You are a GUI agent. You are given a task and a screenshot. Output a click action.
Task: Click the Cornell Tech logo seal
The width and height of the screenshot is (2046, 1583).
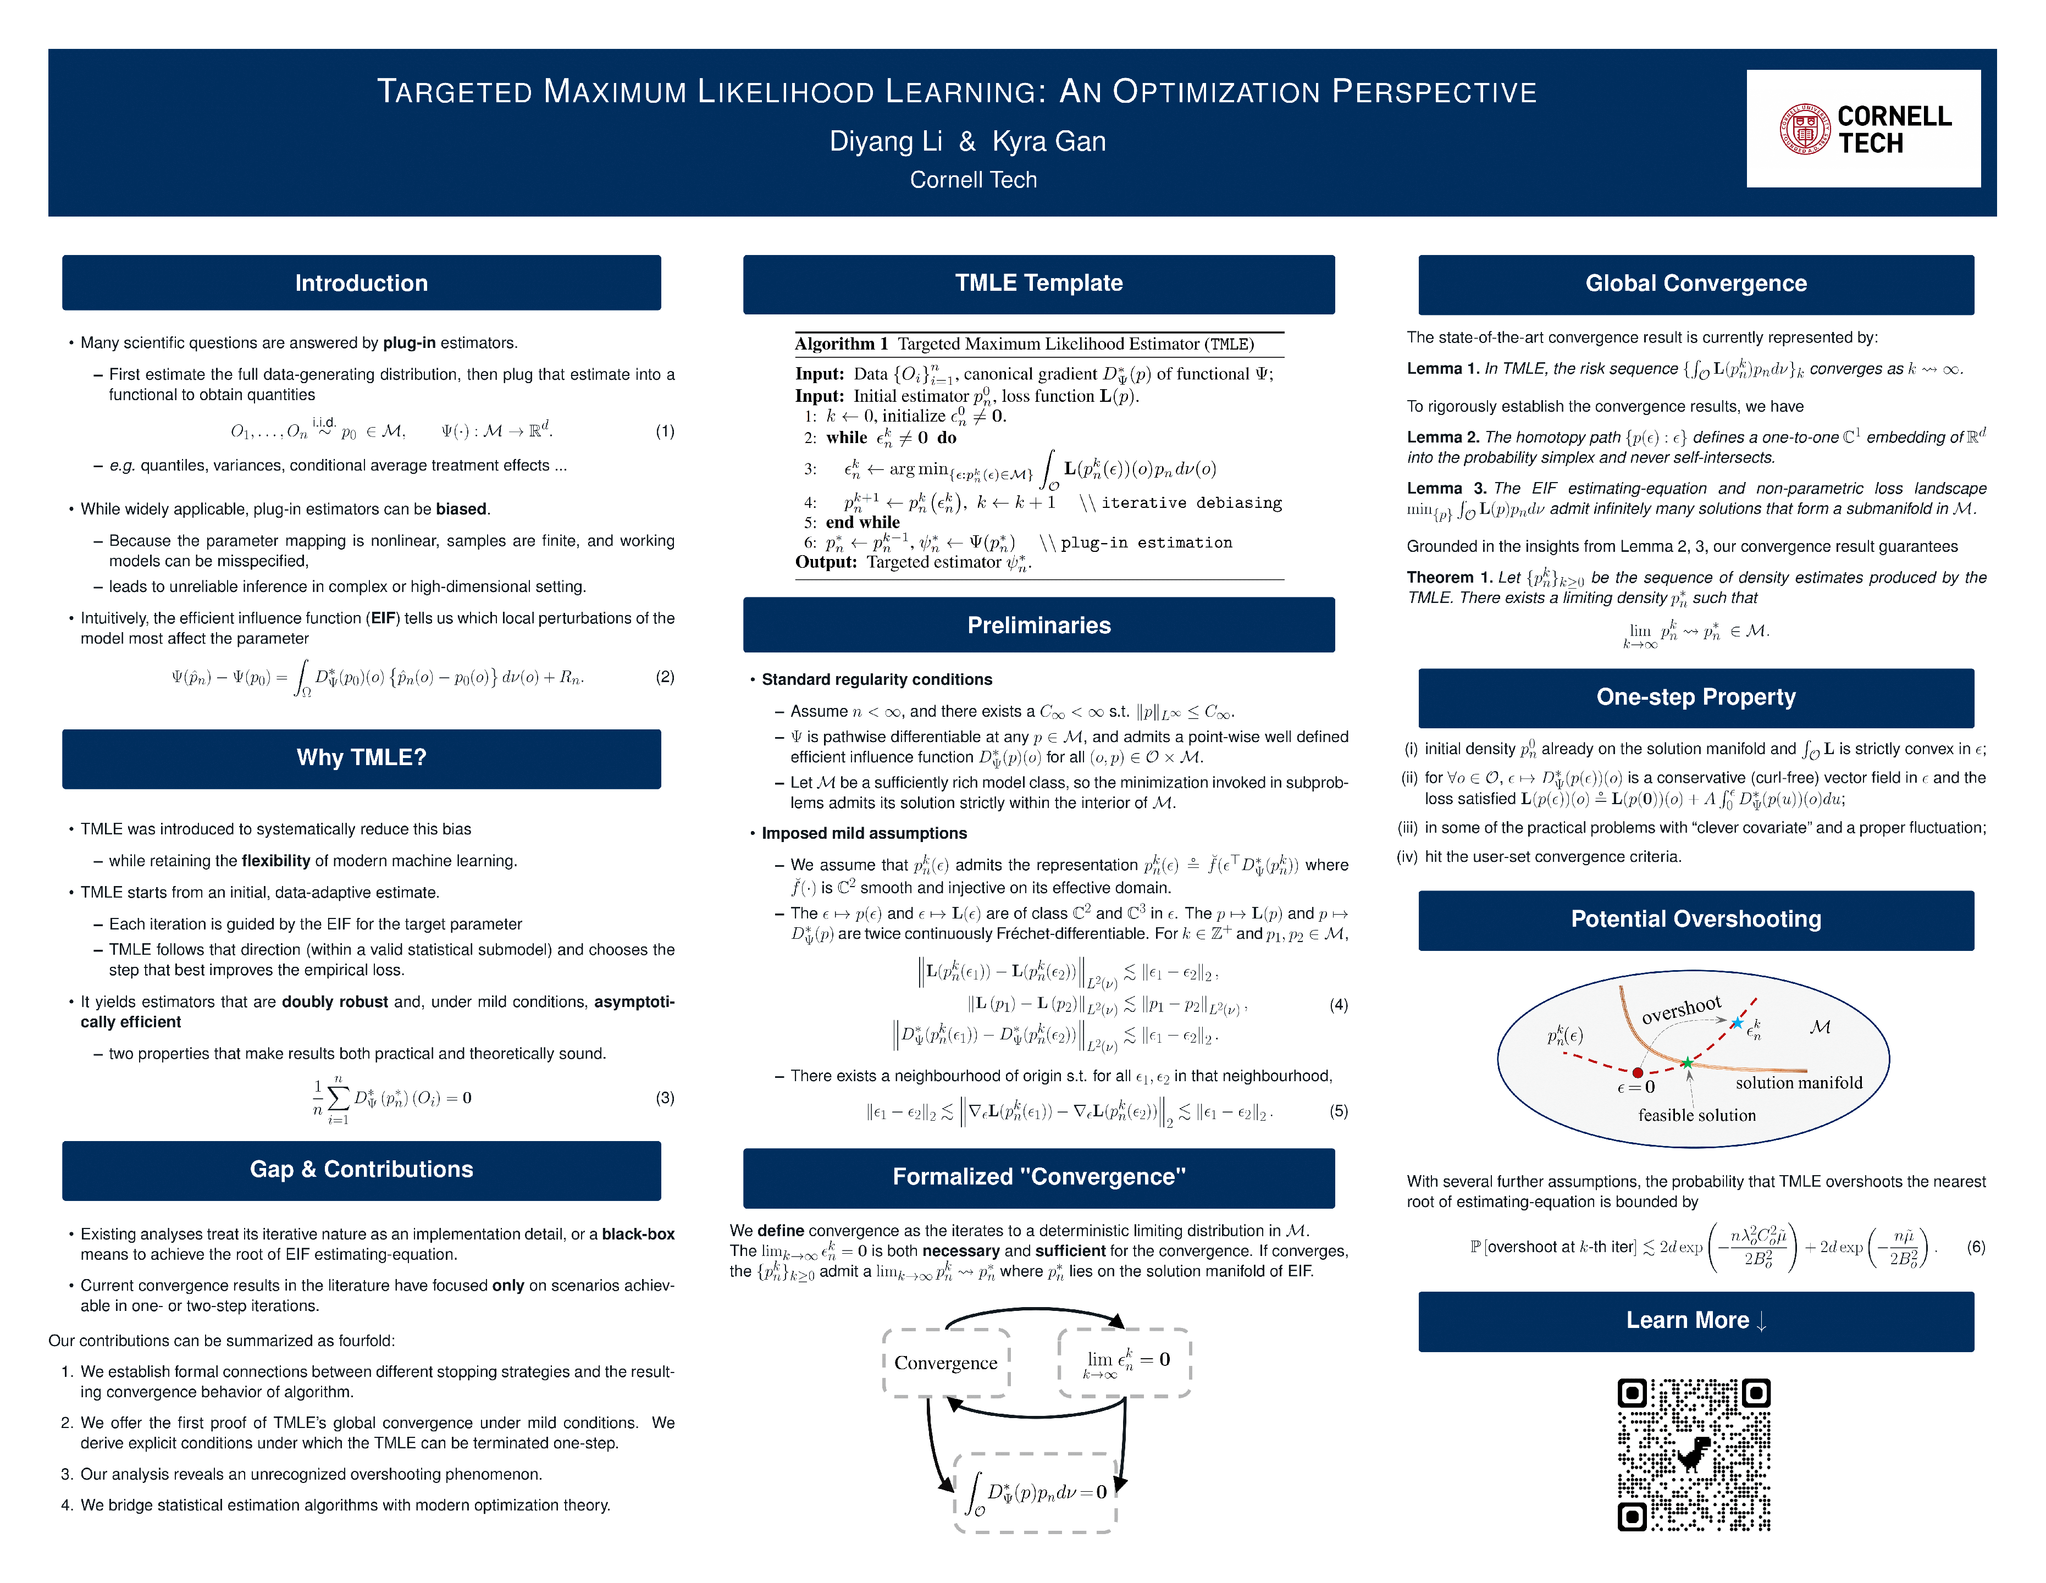pos(1804,129)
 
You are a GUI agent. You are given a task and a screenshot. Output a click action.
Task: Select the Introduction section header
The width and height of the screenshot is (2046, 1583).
pos(362,283)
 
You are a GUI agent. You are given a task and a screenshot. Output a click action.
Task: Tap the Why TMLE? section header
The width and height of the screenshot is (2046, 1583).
pos(362,758)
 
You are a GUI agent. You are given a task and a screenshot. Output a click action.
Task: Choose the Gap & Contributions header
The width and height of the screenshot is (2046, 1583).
pos(362,1170)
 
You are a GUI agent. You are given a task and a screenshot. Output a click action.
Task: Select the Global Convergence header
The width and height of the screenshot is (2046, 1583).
pos(1696,284)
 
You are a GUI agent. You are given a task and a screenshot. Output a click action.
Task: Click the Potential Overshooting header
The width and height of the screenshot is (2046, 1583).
pos(1696,920)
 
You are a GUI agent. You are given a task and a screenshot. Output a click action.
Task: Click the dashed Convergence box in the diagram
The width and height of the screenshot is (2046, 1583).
pos(946,1363)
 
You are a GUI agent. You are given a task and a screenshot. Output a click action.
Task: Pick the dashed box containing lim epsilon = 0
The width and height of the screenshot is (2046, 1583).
pos(1124,1363)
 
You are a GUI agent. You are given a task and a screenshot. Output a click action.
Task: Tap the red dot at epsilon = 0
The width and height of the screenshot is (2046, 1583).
pos(1638,1072)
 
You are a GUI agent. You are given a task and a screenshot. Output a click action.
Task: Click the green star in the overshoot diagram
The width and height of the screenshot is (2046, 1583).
pos(1687,1062)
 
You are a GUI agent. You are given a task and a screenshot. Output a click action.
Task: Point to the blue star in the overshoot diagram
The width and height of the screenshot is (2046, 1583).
pos(1738,1023)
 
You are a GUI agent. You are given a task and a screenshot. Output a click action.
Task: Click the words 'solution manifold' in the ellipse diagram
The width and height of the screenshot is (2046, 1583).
pos(1799,1083)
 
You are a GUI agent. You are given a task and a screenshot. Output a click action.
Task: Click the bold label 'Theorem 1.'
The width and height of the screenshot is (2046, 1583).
pos(1449,578)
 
